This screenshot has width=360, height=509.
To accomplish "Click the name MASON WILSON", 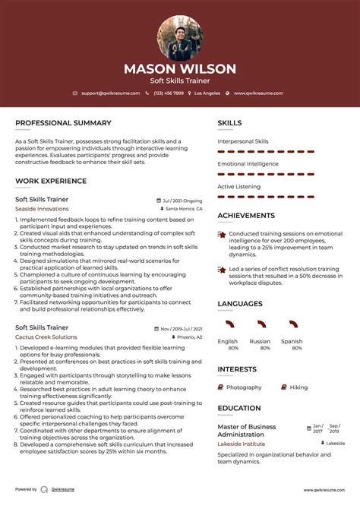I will point(180,68).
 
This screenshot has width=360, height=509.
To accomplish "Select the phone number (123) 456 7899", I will point(168,93).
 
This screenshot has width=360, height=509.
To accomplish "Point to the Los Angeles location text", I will point(207,93).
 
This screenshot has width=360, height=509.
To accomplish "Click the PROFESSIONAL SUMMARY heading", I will point(63,123).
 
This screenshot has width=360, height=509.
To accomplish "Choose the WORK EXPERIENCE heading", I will point(51,182).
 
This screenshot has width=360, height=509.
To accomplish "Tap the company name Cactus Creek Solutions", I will point(46,337).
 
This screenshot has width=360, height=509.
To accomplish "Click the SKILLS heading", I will point(229,123).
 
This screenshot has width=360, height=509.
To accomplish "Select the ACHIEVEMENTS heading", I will point(246,216).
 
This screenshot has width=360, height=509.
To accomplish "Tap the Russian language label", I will point(260,341).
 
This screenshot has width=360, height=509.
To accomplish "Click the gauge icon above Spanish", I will point(292,324).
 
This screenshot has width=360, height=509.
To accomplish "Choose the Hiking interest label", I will point(298,387).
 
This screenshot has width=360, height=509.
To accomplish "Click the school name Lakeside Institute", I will point(242,443).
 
